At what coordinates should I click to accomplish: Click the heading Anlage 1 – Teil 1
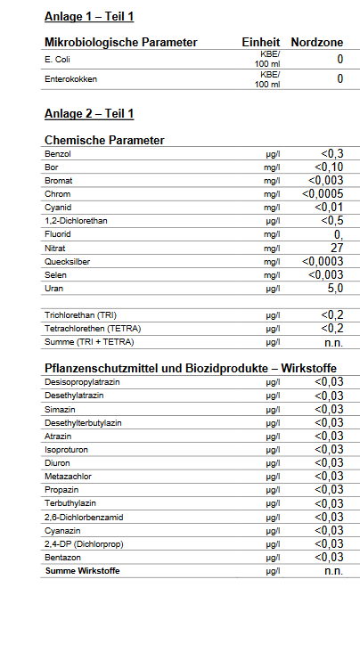click(89, 16)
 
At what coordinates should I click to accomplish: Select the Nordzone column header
click(317, 42)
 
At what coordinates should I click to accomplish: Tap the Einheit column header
click(261, 42)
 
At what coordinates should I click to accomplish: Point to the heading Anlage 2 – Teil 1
click(89, 114)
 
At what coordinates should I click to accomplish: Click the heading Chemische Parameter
click(104, 140)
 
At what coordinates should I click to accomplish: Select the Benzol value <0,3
click(332, 154)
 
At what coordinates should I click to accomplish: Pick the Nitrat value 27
click(337, 248)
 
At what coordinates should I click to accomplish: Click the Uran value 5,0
click(335, 289)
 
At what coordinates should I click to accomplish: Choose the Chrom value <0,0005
click(323, 194)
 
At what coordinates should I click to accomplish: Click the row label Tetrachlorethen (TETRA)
click(94, 329)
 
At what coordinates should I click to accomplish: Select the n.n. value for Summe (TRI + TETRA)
click(333, 342)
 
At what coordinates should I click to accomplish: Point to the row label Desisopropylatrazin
click(81, 381)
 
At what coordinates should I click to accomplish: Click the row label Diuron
click(57, 462)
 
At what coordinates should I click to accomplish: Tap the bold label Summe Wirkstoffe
click(82, 570)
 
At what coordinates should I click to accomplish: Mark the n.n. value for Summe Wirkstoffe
click(333, 571)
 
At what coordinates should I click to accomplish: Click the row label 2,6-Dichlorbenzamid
click(83, 517)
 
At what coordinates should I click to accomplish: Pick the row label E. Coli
click(59, 60)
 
